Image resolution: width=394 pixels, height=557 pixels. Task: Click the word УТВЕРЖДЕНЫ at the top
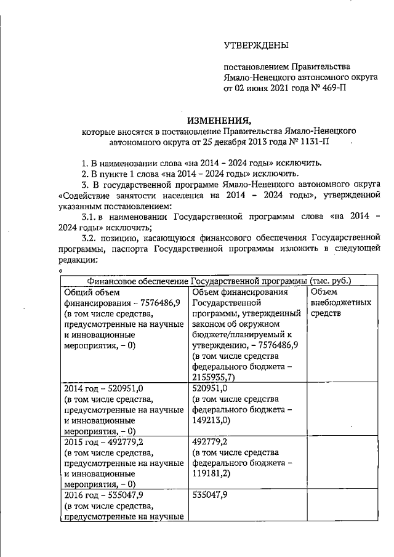click(x=255, y=44)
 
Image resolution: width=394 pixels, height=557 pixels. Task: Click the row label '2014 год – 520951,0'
click(x=103, y=388)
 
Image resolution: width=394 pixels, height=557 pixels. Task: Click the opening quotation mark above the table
click(x=61, y=271)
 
